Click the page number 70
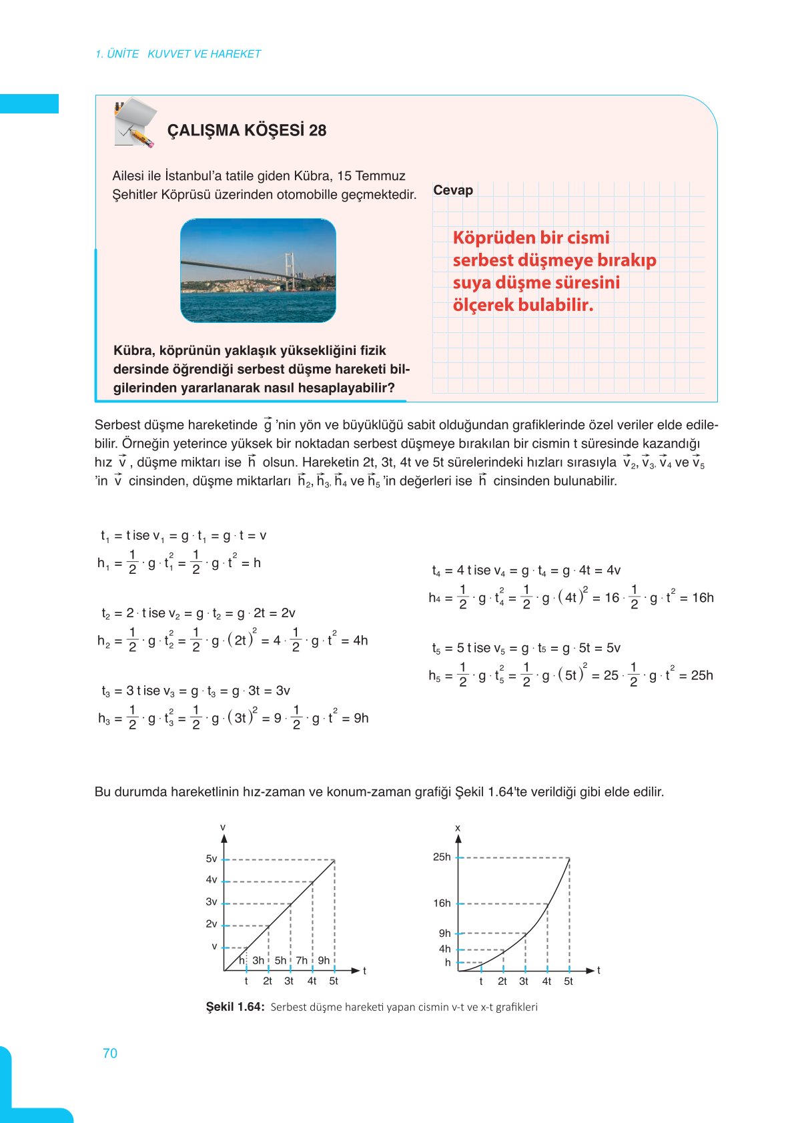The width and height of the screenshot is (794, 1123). pos(110,1053)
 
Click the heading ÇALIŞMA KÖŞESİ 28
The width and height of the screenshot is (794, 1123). pos(246,130)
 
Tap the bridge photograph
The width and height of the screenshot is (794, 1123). pos(258,271)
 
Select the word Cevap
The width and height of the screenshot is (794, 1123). pos(453,190)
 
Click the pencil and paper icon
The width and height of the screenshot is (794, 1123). pos(135,123)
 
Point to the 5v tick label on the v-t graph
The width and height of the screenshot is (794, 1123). pos(211,859)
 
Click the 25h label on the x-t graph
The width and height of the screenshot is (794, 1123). pos(442,857)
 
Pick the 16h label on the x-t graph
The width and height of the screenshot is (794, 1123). pos(442,903)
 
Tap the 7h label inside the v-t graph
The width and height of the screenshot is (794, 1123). pos(302,960)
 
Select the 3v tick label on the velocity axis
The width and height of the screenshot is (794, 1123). pos(211,902)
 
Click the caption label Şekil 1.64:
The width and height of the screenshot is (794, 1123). pos(235,1007)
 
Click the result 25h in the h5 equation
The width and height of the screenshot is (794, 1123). pos(702,675)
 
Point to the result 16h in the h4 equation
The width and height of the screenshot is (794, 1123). pos(703,598)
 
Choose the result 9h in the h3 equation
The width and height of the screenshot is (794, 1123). pos(361,718)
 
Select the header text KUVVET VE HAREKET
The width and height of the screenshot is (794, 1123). pos(204,54)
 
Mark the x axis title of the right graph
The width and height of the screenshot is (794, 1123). pos(458,828)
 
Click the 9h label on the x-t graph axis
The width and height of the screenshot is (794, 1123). pos(444,933)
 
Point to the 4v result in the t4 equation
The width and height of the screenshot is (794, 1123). pos(613,571)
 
